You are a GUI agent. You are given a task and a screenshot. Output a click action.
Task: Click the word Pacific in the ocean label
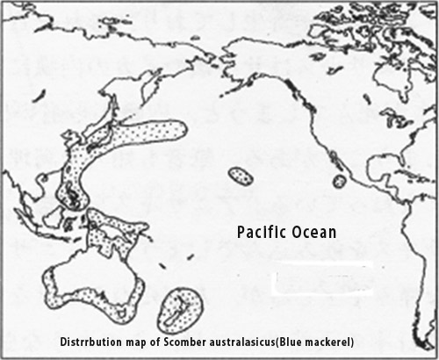[263, 231]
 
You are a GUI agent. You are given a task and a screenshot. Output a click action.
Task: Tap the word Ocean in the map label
[315, 231]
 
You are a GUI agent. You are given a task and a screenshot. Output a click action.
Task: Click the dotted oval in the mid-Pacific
[240, 176]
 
